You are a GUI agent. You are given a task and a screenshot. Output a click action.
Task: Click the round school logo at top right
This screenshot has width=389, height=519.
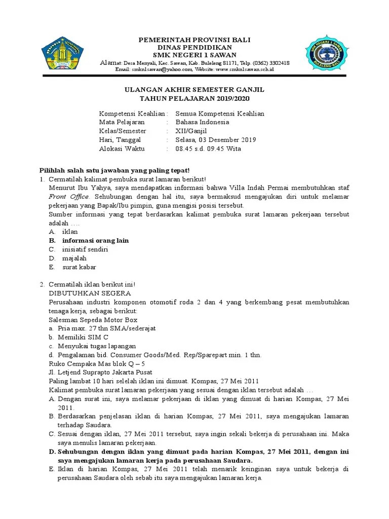point(326,55)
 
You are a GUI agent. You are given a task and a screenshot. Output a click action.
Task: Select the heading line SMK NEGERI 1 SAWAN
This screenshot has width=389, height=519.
point(194,55)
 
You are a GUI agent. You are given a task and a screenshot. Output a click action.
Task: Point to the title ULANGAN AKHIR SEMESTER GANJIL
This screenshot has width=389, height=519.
point(194,89)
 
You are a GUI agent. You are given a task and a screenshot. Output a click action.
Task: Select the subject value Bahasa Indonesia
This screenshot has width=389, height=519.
point(202,122)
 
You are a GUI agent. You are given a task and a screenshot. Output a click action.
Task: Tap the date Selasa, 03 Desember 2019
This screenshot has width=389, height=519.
point(215,140)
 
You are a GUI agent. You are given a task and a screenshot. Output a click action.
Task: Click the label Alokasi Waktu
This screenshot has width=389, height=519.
point(122,149)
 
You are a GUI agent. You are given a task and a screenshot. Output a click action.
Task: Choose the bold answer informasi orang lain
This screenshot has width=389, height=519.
point(95,240)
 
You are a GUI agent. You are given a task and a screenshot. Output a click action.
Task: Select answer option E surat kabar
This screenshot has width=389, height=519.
point(79,267)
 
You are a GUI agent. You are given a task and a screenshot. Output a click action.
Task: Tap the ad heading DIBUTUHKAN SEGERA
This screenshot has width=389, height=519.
point(90,293)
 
